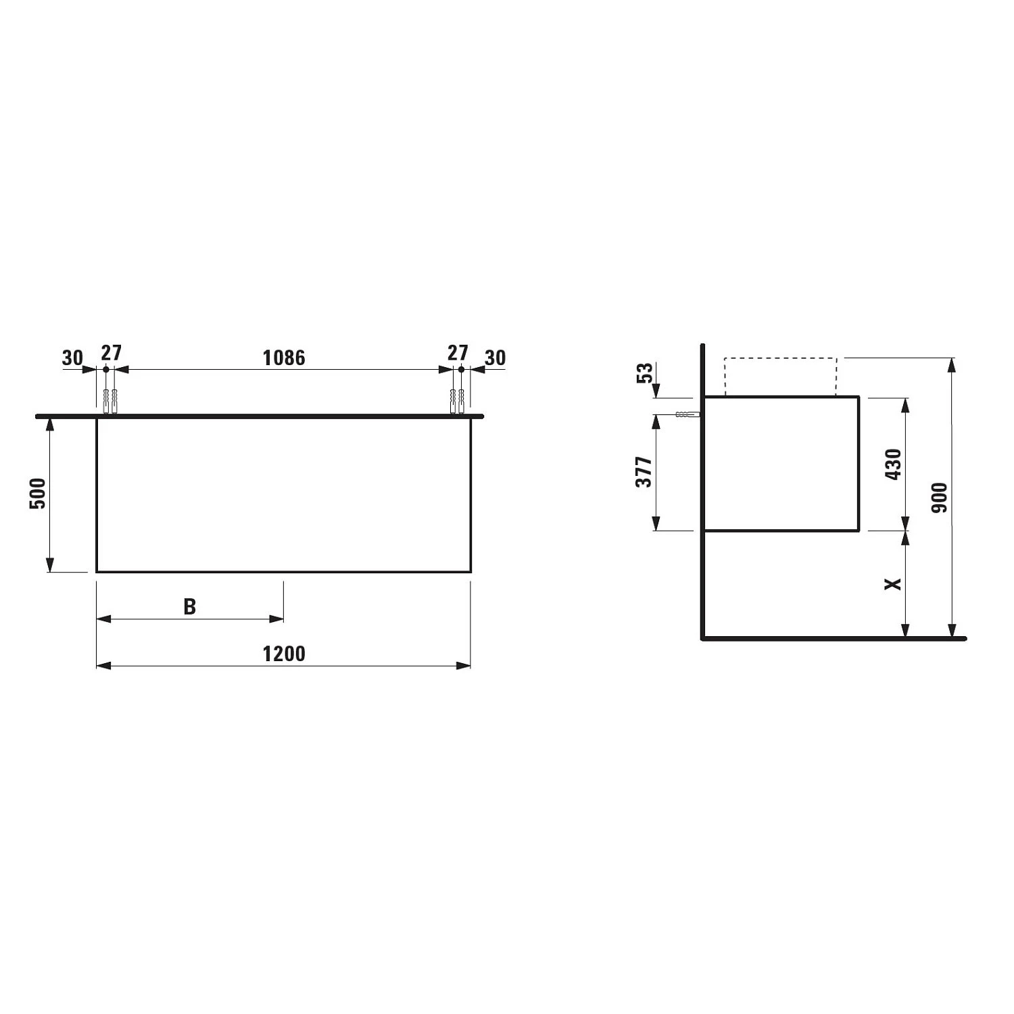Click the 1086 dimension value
tap(284, 358)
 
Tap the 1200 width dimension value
tap(284, 654)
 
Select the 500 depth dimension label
tap(38, 493)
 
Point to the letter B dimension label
tap(190, 607)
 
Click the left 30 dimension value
tap(72, 358)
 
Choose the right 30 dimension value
tap(495, 358)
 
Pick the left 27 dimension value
tap(111, 353)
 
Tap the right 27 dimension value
tap(458, 353)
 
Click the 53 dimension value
tap(646, 373)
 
